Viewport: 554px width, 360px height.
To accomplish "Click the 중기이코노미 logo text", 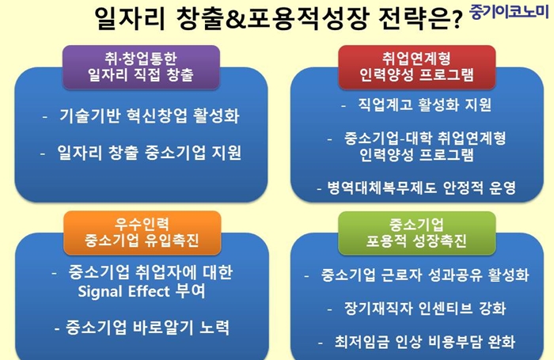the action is tap(510, 11).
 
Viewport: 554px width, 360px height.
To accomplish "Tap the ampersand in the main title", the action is tap(233, 18).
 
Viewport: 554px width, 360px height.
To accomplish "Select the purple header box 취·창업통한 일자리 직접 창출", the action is tap(142, 66).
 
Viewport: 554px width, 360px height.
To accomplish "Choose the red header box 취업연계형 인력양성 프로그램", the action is tap(417, 66).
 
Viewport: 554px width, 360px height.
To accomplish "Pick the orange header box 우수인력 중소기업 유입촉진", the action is tap(142, 233).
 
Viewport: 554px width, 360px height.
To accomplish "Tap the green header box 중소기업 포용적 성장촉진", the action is tap(417, 233).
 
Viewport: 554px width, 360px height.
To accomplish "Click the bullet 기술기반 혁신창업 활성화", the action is tap(150, 116).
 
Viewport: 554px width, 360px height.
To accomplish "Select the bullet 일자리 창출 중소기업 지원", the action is tap(149, 153).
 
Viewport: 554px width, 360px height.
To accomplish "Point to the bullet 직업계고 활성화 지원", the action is tap(425, 104).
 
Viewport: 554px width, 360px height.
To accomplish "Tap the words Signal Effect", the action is tap(123, 292).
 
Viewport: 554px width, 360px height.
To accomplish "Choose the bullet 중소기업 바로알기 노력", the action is tap(147, 328).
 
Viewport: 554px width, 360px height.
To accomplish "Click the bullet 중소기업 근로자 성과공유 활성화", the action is tap(425, 275).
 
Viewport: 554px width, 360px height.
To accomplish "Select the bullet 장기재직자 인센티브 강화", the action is tap(425, 308).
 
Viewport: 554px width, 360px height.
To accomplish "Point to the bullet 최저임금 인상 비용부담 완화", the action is tap(425, 341).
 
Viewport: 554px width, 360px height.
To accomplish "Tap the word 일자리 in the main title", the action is tap(131, 18).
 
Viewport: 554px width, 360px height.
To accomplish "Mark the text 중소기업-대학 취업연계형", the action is tap(425, 138).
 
